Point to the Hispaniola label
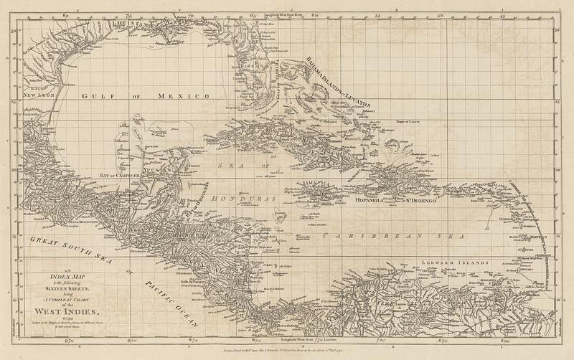coord(372,202)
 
